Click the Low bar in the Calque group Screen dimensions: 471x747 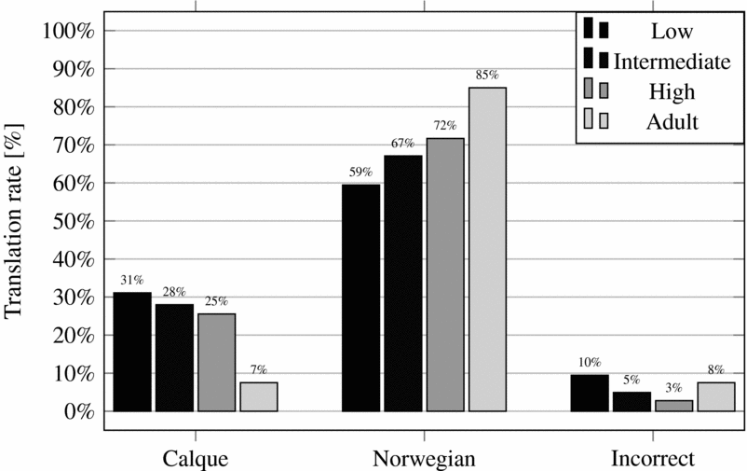131,352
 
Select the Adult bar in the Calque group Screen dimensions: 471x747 258,396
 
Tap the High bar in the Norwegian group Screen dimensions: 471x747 445,274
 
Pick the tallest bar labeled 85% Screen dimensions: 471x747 487,249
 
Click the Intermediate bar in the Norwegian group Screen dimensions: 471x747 402,284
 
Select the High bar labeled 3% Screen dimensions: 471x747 674,406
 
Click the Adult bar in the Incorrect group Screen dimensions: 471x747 716,396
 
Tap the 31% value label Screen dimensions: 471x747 131,280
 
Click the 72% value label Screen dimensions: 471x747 445,125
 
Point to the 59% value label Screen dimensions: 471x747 360,172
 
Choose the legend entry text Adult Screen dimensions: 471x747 672,120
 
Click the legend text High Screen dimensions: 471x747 672,91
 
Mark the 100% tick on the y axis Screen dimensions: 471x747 69,31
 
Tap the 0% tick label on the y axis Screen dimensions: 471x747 78,411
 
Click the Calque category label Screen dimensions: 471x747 195,458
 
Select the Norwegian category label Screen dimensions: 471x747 424,458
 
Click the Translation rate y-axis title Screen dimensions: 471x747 16,221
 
